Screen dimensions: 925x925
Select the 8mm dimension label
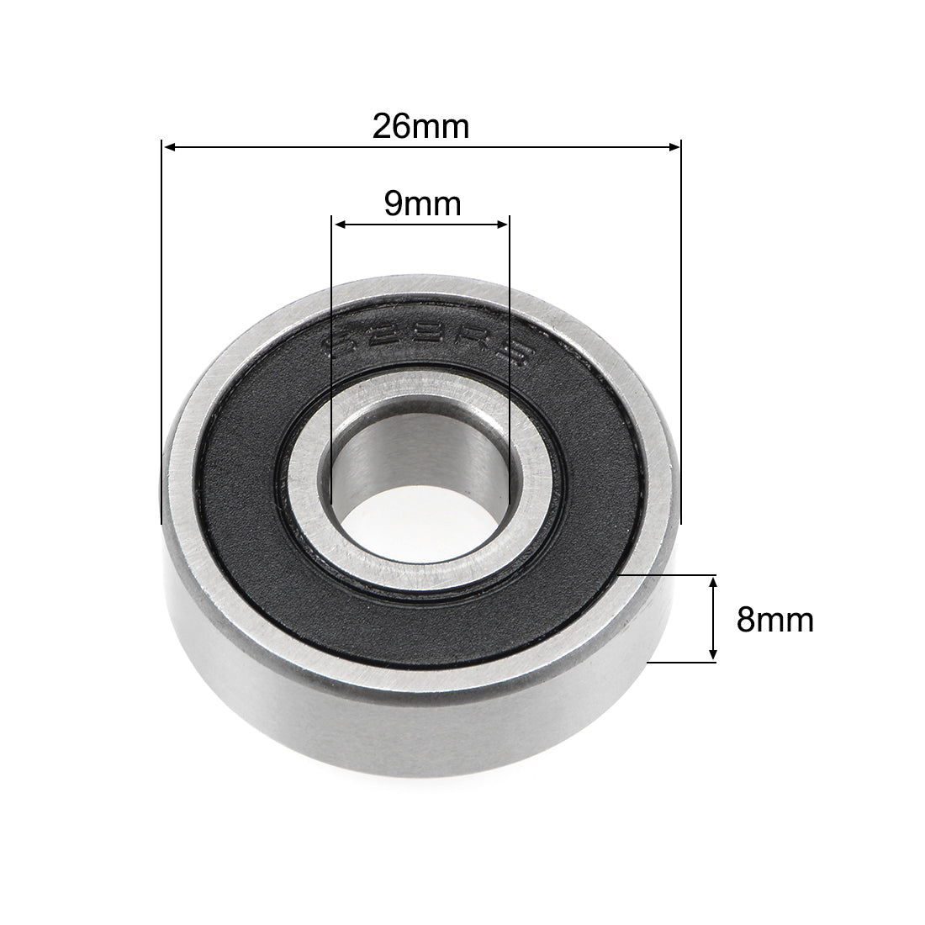click(x=774, y=620)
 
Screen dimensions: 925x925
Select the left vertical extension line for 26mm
click(x=160, y=336)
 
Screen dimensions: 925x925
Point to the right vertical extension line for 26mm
click(x=680, y=336)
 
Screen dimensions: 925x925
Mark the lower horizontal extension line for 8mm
click(x=681, y=662)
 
